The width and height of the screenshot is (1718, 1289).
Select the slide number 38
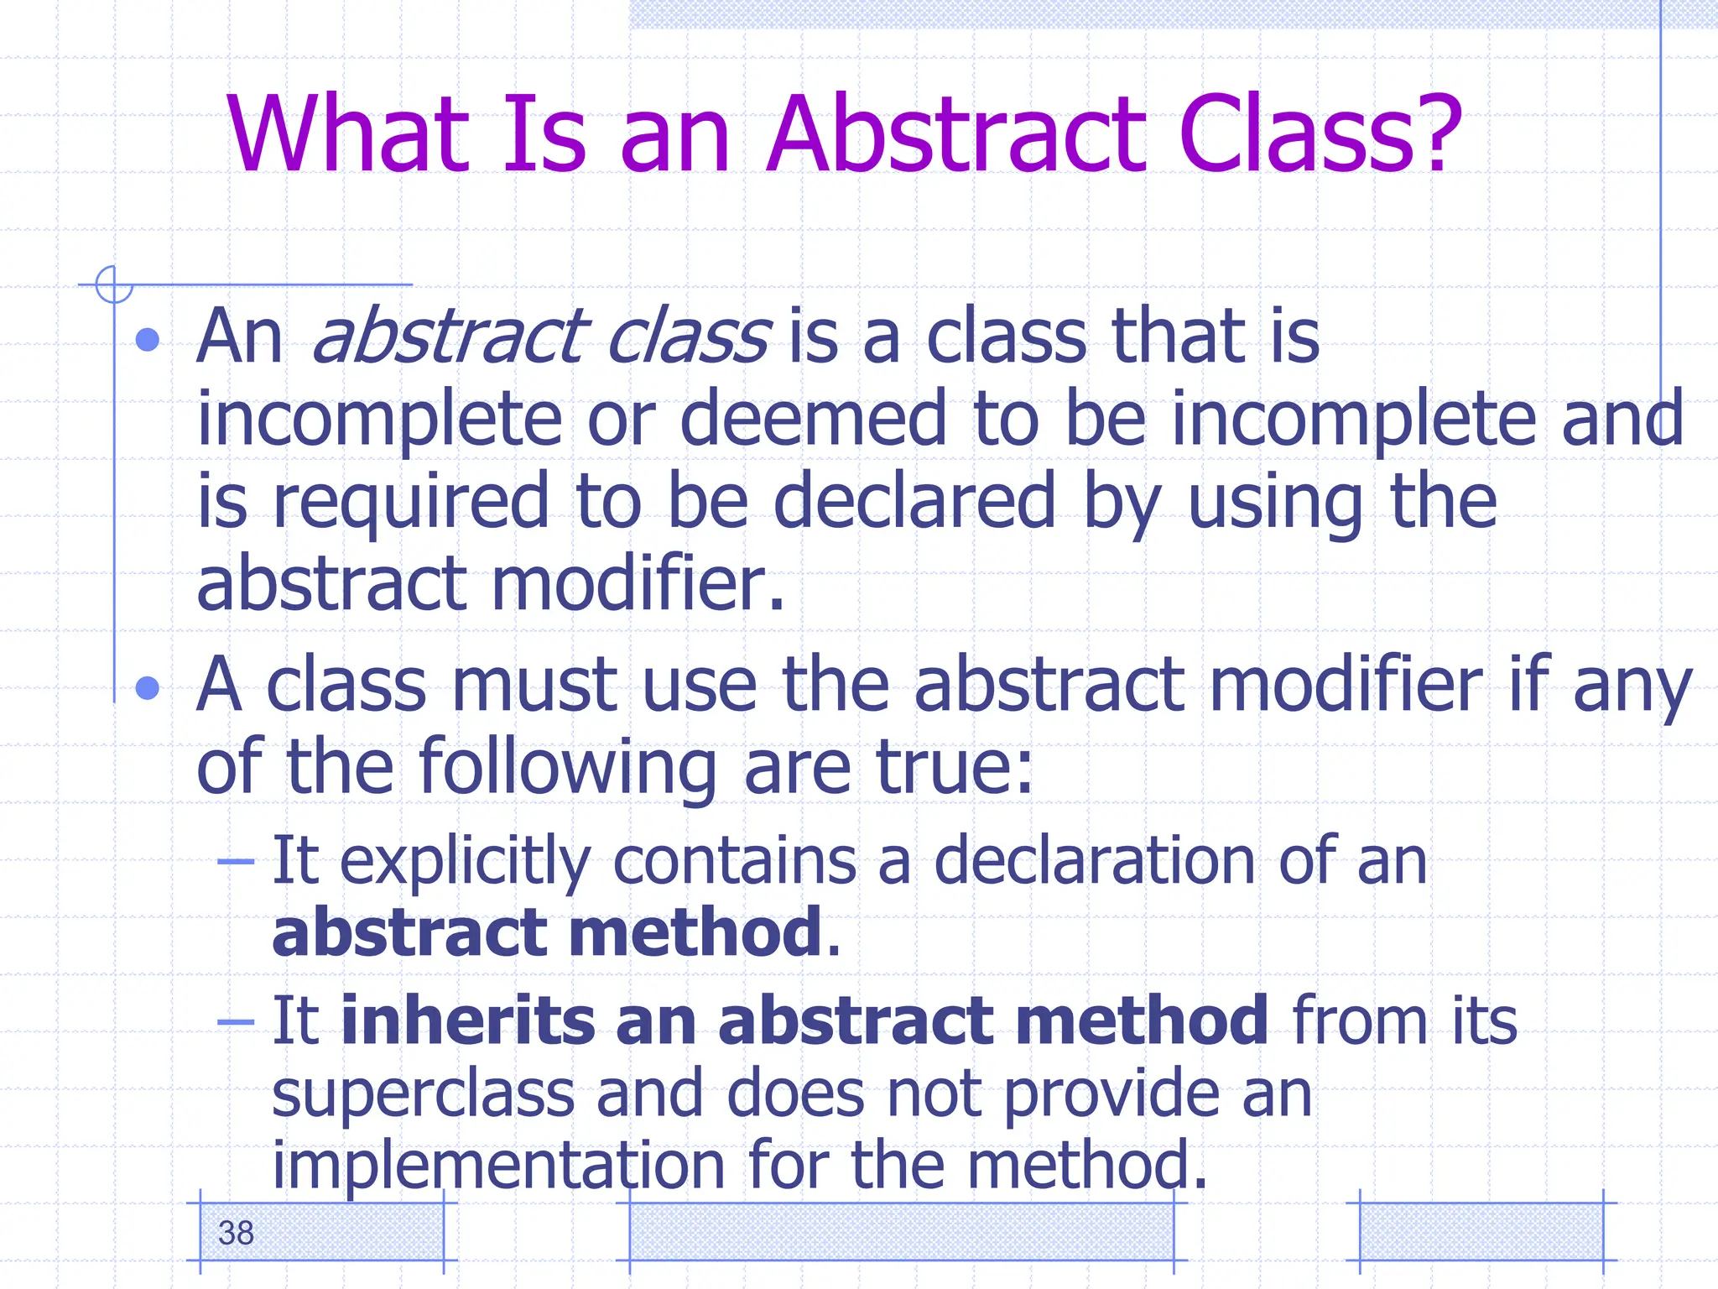236,1233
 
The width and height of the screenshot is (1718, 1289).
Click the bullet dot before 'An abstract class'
148,340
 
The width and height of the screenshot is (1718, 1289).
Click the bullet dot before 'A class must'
148,688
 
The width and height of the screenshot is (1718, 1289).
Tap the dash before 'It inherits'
236,1021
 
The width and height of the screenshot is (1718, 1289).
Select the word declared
914,501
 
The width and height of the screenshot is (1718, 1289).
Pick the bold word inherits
466,1020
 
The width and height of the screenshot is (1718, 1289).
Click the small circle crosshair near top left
114,284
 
